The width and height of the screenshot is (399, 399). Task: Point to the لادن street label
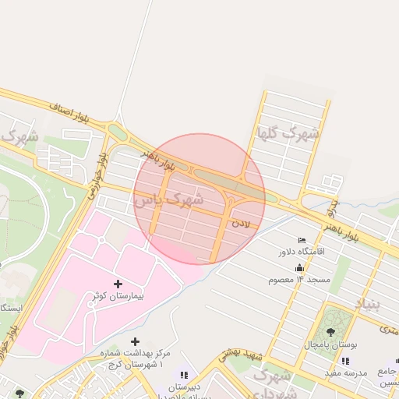pyautogui.click(x=242, y=224)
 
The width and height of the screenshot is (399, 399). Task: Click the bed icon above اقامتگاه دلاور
pyautogui.click(x=302, y=239)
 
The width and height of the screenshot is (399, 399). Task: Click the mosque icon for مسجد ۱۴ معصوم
pyautogui.click(x=300, y=268)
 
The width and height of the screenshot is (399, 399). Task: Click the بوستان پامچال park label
pyautogui.click(x=330, y=344)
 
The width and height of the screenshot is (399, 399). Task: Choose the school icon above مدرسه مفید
pyautogui.click(x=345, y=361)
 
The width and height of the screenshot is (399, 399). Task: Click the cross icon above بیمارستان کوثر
pyautogui.click(x=118, y=284)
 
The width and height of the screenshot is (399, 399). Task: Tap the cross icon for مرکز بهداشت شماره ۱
pyautogui.click(x=136, y=341)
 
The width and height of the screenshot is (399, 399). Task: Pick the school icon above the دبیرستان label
pyautogui.click(x=184, y=376)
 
